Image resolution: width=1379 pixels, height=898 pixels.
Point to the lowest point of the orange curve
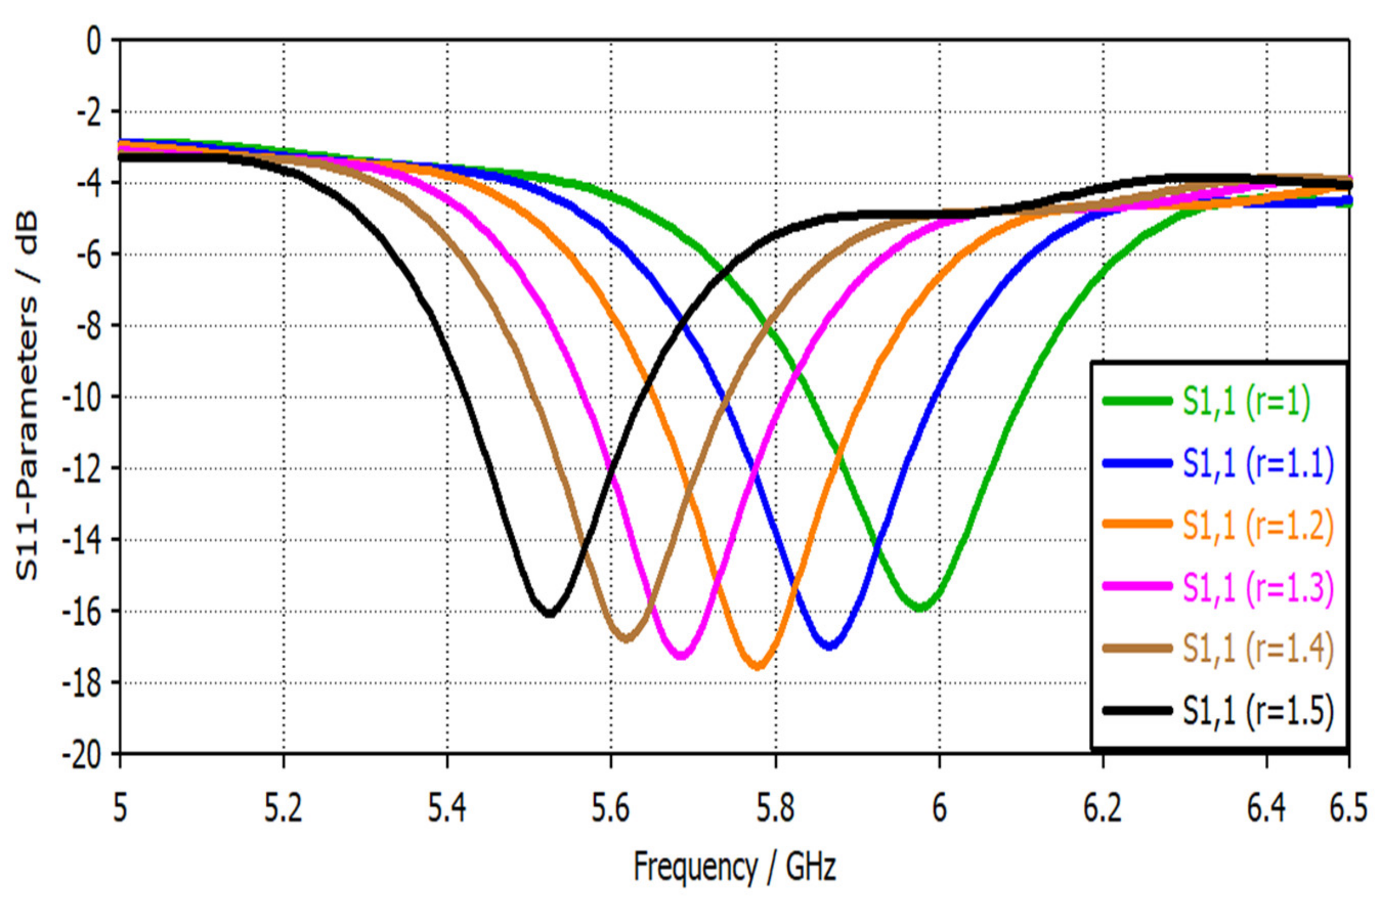759,667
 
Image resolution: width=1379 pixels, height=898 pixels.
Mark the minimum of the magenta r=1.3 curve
682,656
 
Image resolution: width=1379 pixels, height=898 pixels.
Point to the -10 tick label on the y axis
87,398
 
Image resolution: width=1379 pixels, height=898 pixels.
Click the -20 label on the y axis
87,754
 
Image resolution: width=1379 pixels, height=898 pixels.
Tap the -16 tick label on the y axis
87,611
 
